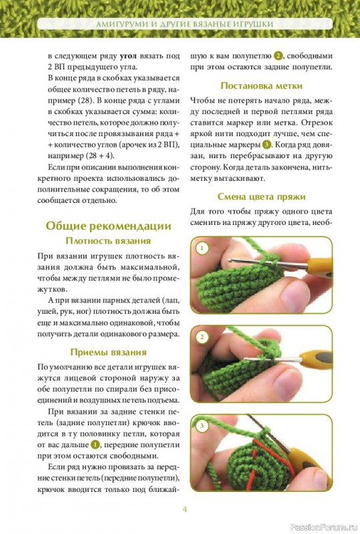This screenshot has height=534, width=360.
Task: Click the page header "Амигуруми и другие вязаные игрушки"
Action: pos(185,24)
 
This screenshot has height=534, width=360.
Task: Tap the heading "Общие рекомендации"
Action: pos(108,226)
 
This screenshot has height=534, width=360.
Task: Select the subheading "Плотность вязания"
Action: pos(108,241)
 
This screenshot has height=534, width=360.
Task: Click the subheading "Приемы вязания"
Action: pos(108,352)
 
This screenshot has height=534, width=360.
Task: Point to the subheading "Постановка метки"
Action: pos(261,85)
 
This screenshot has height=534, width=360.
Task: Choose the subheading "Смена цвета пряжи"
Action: pos(261,196)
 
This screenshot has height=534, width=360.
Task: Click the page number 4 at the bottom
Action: pos(185,509)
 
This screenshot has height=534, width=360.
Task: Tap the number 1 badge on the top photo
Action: pos(202,248)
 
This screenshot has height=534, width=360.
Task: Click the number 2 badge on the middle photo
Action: pos(202,337)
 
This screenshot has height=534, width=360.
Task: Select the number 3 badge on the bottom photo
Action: pos(202,426)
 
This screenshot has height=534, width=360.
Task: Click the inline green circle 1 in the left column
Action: pos(96,445)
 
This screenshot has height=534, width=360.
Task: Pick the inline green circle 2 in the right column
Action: pos(278,56)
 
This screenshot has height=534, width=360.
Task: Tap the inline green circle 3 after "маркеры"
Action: pos(266,145)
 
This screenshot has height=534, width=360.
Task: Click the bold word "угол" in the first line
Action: pos(128,56)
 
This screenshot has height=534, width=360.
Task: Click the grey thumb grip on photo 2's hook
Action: pos(323,358)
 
